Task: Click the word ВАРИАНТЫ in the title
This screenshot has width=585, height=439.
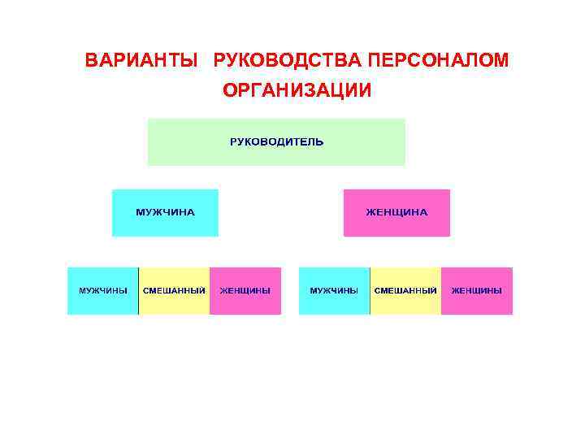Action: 141,61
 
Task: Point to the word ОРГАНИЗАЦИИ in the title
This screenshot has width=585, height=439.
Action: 297,89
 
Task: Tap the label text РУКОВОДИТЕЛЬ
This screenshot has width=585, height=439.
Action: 276,141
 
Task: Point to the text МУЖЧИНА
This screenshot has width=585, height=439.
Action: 165,212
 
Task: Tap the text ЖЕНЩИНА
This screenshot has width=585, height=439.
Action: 396,212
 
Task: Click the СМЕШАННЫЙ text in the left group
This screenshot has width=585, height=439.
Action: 174,290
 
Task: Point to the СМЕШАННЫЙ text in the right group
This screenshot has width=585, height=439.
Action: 405,290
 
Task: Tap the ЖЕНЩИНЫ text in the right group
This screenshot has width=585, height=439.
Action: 477,290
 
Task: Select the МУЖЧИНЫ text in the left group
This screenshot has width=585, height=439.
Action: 102,290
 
